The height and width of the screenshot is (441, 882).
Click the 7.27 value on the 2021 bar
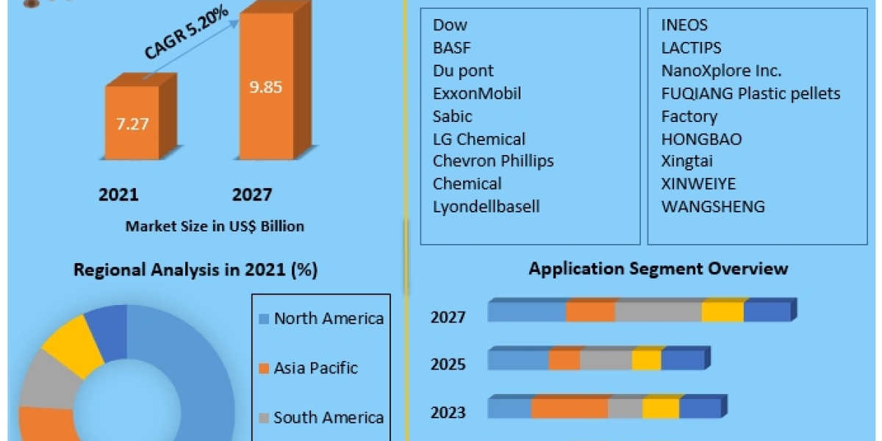tap(132, 123)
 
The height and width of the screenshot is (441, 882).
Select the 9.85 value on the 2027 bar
tap(265, 87)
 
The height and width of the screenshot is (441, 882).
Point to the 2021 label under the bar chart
tap(118, 195)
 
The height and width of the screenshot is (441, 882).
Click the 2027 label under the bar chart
tap(252, 195)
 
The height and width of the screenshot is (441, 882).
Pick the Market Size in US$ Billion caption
tap(215, 226)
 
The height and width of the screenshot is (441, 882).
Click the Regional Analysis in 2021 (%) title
tap(196, 270)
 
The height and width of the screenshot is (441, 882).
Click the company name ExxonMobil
tap(477, 93)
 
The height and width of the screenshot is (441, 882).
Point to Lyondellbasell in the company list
tap(486, 207)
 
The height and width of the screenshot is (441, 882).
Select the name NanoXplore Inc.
tap(721, 71)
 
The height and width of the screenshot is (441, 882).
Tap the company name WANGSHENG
tap(713, 207)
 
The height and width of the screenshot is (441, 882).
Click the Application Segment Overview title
tap(658, 268)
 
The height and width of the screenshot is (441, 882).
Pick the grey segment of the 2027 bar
tap(658, 312)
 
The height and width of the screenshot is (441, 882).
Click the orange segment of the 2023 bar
tap(569, 409)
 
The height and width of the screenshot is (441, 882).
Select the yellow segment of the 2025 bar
tap(646, 360)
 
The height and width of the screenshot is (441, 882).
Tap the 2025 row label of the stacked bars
tap(448, 364)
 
